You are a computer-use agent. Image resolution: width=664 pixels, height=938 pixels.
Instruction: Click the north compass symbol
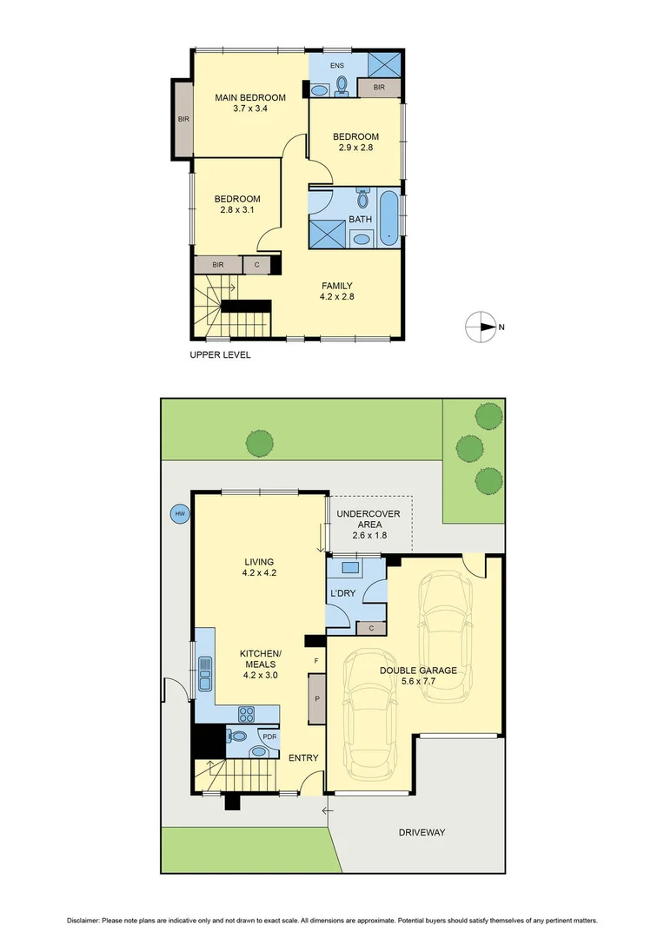pyautogui.click(x=481, y=327)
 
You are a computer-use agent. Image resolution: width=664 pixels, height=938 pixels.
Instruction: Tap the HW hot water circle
pyautogui.click(x=181, y=514)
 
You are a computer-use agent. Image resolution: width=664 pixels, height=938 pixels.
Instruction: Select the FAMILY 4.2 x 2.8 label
pyautogui.click(x=336, y=291)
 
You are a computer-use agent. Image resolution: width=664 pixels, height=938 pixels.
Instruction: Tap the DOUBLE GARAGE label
pyautogui.click(x=418, y=676)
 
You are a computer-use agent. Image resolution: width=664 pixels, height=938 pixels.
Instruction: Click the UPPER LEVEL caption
pyautogui.click(x=220, y=355)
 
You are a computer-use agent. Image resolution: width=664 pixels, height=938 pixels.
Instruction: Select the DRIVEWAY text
pyautogui.click(x=422, y=832)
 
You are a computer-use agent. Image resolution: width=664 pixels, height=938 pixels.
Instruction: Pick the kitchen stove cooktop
pyautogui.click(x=246, y=714)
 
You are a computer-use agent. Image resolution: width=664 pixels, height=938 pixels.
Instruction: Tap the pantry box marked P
pyautogui.click(x=316, y=698)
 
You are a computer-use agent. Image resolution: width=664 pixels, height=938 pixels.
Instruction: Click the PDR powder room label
pyautogui.click(x=269, y=737)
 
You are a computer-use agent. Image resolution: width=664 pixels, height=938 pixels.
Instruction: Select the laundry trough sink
pyautogui.click(x=353, y=569)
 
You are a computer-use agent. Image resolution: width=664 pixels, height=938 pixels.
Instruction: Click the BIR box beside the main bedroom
pyautogui.click(x=183, y=119)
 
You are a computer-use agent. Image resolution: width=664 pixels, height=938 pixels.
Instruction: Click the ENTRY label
pyautogui.click(x=303, y=758)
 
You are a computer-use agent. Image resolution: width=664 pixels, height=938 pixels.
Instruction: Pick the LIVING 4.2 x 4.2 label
pyautogui.click(x=258, y=567)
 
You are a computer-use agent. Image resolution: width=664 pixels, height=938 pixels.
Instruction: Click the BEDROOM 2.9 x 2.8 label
pyautogui.click(x=355, y=142)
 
